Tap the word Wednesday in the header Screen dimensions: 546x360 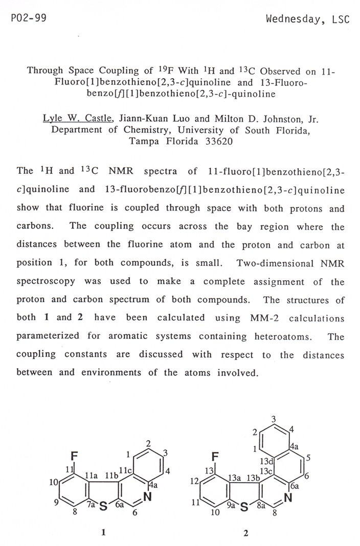(296, 19)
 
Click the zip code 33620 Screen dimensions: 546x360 (219, 142)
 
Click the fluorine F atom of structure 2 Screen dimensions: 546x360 (215, 456)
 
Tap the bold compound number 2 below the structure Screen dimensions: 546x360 (245, 533)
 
